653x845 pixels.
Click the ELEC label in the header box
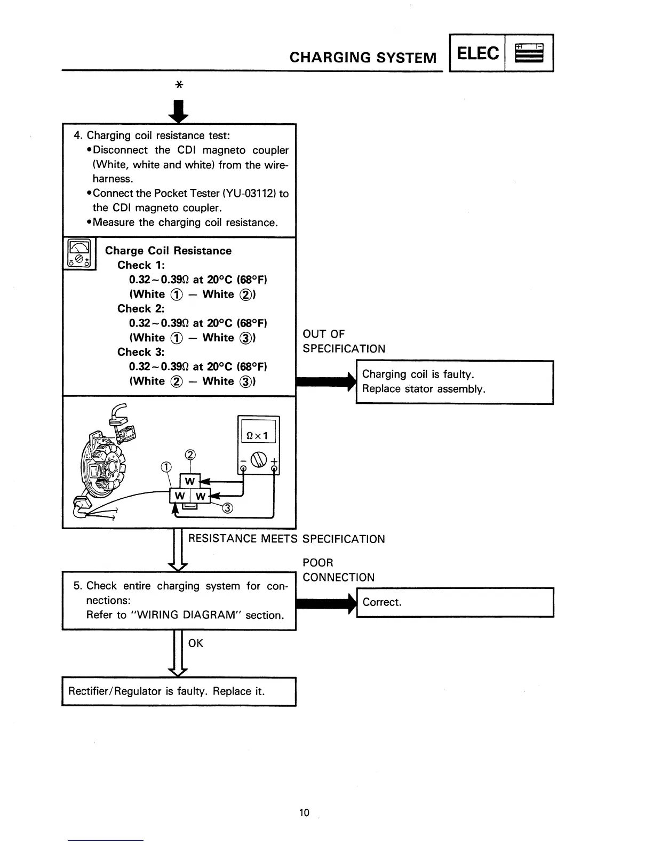[478, 53]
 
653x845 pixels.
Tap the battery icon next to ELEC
[529, 53]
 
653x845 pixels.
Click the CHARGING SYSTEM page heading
[363, 57]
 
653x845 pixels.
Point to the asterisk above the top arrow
[179, 85]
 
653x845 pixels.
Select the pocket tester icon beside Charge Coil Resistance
[79, 254]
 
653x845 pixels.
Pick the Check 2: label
[141, 308]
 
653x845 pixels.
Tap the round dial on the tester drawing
[258, 459]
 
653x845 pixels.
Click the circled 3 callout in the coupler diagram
[228, 508]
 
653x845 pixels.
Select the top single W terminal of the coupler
[189, 481]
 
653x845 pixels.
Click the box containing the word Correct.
[455, 602]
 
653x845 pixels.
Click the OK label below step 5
[196, 643]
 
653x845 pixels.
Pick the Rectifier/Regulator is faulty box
[179, 691]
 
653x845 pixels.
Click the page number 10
[304, 812]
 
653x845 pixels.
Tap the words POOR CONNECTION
[338, 570]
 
